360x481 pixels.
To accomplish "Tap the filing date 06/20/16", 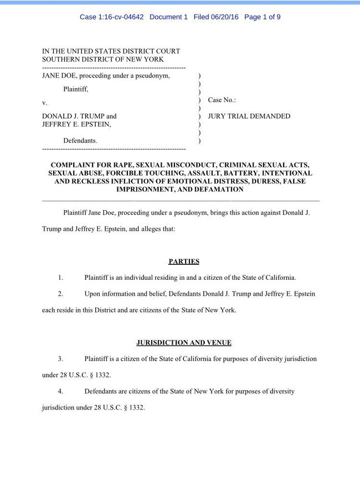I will [x=225, y=17].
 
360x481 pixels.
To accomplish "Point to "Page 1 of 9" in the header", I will [x=262, y=17].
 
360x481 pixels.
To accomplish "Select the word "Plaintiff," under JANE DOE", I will [x=75, y=89].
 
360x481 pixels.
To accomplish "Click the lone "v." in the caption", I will [x=45, y=103].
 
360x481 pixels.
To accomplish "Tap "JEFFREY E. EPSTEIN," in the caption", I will [x=76, y=125].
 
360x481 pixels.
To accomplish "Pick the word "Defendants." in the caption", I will [x=80, y=141].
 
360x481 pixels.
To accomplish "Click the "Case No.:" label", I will [x=222, y=100].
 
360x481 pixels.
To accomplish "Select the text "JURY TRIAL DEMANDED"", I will [x=249, y=116].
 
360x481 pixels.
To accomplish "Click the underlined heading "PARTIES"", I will [x=184, y=262].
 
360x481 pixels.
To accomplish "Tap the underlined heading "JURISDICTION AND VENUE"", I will [x=184, y=342].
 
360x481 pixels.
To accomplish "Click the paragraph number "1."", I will [x=60, y=277].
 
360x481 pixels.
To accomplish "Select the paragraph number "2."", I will [x=60, y=294].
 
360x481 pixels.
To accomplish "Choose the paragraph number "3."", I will [x=60, y=359].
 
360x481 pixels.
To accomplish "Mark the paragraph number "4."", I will [x=60, y=391].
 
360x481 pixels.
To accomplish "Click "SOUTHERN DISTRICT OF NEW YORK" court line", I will [x=103, y=59].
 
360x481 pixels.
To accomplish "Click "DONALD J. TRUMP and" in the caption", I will [x=79, y=116].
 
